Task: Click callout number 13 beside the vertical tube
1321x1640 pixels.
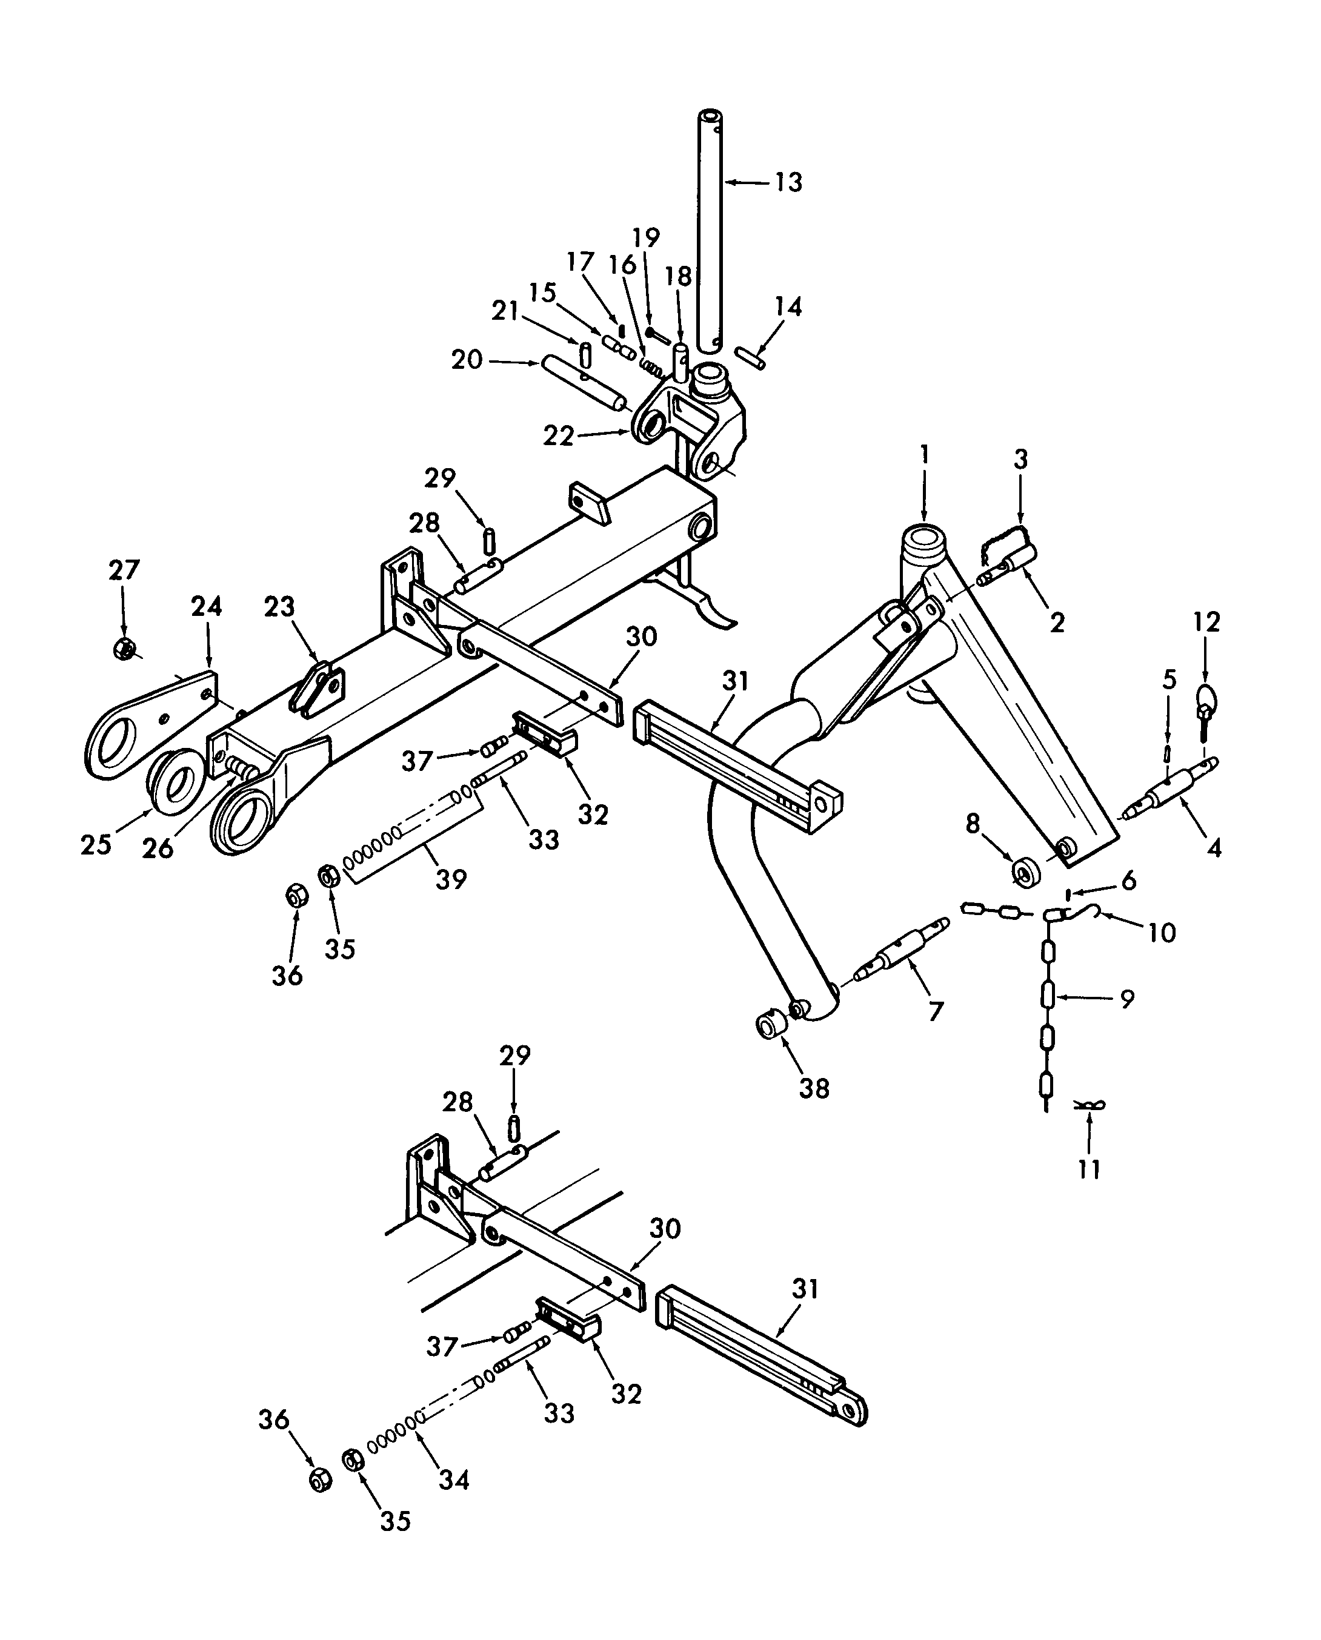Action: coord(788,182)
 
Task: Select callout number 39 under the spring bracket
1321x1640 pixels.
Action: coord(450,879)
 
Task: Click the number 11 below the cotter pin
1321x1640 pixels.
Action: coord(1089,1169)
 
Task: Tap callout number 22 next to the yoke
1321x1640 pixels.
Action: coord(557,437)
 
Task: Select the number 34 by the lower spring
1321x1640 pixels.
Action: coord(454,1480)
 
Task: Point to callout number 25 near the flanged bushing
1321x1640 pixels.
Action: coord(96,844)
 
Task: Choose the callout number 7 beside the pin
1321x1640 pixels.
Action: coord(935,1010)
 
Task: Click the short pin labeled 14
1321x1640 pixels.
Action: coord(751,357)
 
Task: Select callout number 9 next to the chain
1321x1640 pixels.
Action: coord(1127,998)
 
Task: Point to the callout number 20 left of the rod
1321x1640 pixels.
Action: coord(467,359)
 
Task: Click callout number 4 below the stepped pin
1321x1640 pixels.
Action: coord(1214,847)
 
